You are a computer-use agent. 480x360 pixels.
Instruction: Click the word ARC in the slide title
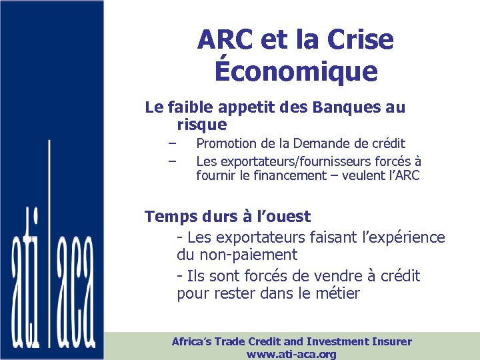point(224,40)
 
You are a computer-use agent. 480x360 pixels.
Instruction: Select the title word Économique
point(295,71)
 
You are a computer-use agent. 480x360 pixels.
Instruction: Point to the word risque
point(202,125)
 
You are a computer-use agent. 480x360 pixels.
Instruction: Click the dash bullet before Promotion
point(172,143)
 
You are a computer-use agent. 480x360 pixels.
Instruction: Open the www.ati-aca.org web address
point(291,354)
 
